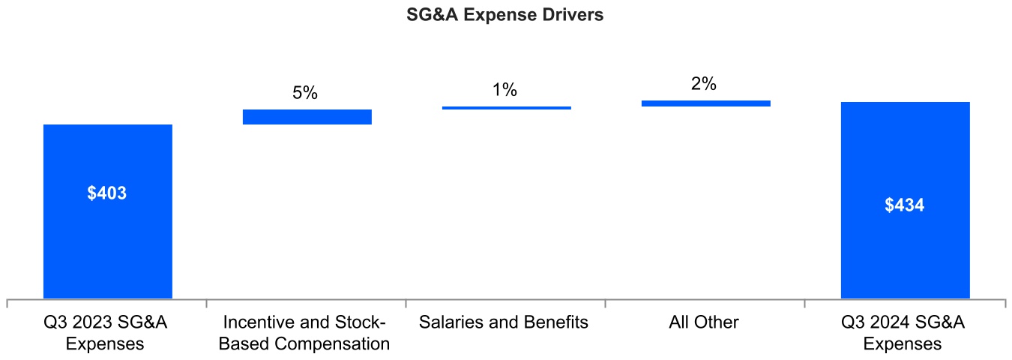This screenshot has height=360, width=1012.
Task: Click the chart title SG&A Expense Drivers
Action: click(x=505, y=16)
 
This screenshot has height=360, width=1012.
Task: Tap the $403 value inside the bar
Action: click(x=107, y=193)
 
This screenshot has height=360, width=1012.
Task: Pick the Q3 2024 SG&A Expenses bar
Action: click(x=905, y=247)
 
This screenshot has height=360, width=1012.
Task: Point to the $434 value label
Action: click(x=905, y=205)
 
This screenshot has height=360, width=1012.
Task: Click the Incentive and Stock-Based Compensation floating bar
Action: click(x=307, y=117)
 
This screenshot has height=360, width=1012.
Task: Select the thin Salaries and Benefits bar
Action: click(x=507, y=108)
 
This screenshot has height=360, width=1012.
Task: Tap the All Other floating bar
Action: click(x=706, y=103)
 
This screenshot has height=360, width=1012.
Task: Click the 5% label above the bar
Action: click(x=305, y=94)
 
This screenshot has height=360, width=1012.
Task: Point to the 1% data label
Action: click(x=505, y=91)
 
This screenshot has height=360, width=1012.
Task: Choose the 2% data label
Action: click(x=704, y=85)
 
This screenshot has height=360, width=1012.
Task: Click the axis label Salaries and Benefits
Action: click(x=504, y=322)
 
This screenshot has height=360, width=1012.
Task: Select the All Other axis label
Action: click(x=704, y=322)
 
